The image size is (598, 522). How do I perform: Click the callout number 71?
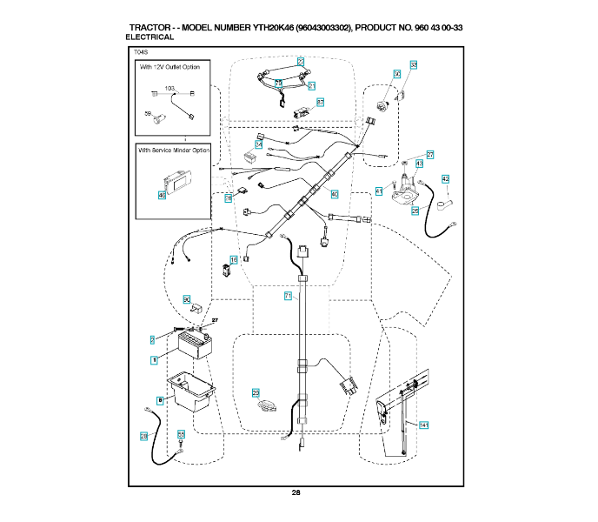click(288, 296)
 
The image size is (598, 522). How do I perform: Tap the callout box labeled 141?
click(423, 425)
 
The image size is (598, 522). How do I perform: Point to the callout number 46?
click(161, 195)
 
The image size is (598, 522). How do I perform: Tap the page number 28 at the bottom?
click(296, 492)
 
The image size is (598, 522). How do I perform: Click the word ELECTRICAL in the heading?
click(150, 37)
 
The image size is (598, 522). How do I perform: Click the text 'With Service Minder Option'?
click(175, 150)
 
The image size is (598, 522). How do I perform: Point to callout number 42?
click(445, 179)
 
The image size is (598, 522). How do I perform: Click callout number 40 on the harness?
click(334, 194)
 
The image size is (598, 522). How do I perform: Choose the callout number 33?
click(413, 65)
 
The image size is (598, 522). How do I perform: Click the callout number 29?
click(256, 393)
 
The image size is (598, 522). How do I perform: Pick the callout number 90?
click(186, 300)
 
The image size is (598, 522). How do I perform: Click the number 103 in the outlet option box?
click(169, 89)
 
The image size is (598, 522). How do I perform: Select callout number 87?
click(320, 103)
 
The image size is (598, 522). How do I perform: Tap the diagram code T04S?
click(143, 53)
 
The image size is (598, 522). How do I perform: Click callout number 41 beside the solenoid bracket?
click(379, 191)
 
